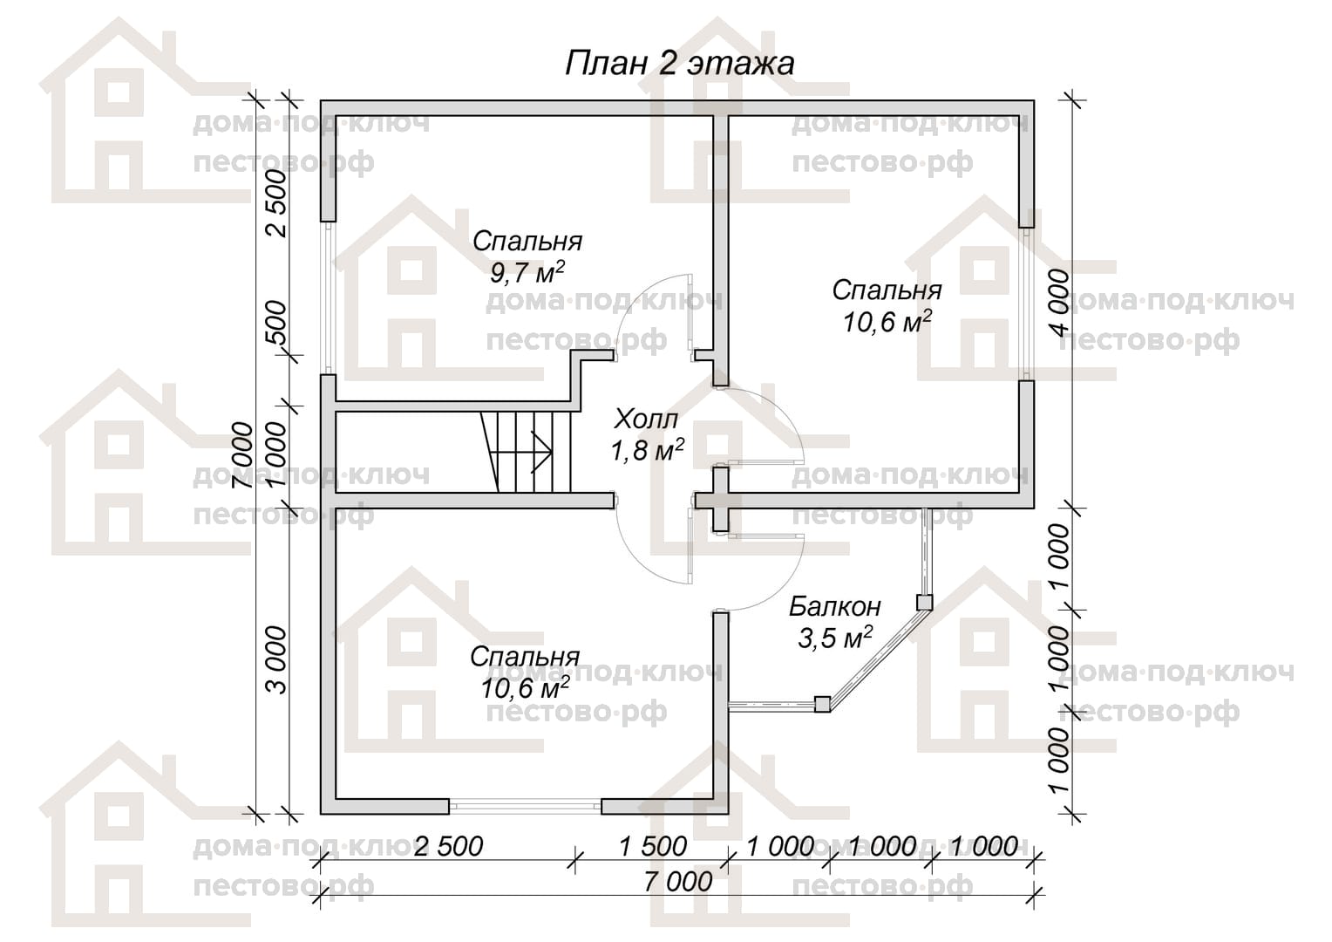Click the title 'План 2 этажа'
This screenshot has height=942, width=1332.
click(x=679, y=64)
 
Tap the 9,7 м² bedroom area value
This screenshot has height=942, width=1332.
click(x=527, y=273)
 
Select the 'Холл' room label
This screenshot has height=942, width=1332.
click(x=645, y=419)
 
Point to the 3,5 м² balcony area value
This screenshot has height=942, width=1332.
click(x=835, y=638)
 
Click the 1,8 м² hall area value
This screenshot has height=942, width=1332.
click(x=647, y=450)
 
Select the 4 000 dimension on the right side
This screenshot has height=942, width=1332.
click(x=1059, y=303)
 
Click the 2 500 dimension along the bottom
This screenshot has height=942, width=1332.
click(x=448, y=847)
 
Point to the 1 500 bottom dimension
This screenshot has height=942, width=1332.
click(x=653, y=847)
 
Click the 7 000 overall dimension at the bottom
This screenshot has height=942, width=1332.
click(x=678, y=882)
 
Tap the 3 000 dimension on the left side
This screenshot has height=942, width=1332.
click(x=276, y=660)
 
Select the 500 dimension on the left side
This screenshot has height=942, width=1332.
click(x=276, y=322)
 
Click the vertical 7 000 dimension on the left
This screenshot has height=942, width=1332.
click(x=243, y=455)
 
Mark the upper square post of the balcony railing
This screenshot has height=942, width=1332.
click(x=924, y=603)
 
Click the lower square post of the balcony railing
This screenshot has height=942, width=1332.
click(x=822, y=705)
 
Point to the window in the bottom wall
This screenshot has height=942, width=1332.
click(x=525, y=806)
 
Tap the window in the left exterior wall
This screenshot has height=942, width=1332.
click(x=329, y=297)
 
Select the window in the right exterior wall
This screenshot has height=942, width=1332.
click(x=1026, y=303)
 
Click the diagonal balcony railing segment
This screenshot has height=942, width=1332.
click(x=873, y=653)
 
